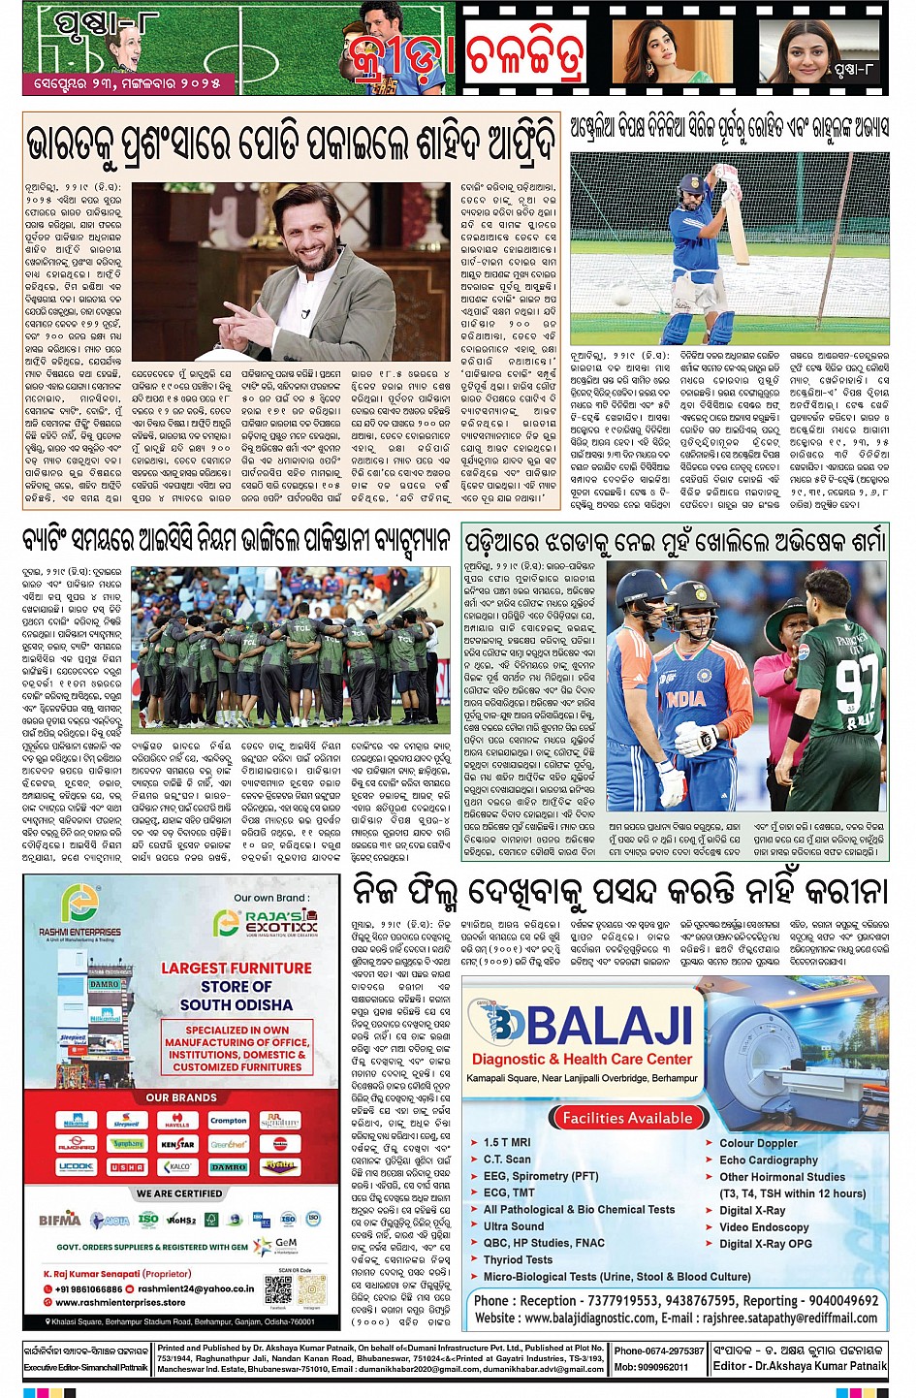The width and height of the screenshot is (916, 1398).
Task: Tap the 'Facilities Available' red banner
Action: (x=627, y=1118)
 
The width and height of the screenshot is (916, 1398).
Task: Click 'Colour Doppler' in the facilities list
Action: (x=758, y=1143)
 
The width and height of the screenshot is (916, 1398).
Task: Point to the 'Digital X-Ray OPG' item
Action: (x=765, y=1244)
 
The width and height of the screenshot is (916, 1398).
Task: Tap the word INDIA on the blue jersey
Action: (x=687, y=698)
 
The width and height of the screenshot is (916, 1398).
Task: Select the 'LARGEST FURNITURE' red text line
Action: (x=237, y=969)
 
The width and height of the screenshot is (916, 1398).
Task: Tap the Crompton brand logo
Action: (x=229, y=1121)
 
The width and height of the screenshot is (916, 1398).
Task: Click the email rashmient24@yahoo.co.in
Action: (x=196, y=1289)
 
